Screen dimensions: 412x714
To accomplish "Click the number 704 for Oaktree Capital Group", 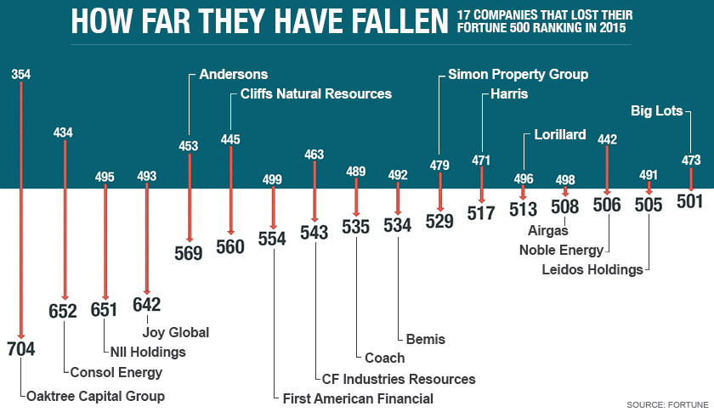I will (21, 349).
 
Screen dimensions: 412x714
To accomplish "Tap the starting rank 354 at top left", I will (21, 75).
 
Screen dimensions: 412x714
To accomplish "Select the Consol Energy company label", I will (116, 372).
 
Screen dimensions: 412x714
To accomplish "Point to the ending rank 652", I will (63, 311).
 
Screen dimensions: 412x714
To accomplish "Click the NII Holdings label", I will (147, 352).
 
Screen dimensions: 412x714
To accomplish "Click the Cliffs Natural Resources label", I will (316, 93).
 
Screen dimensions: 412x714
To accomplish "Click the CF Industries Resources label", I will (399, 378).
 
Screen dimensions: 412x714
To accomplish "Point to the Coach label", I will (385, 358).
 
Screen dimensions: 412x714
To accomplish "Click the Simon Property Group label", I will (518, 75).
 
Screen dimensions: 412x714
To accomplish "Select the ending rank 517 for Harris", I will (481, 212).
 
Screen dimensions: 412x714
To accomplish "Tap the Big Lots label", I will (660, 110).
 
